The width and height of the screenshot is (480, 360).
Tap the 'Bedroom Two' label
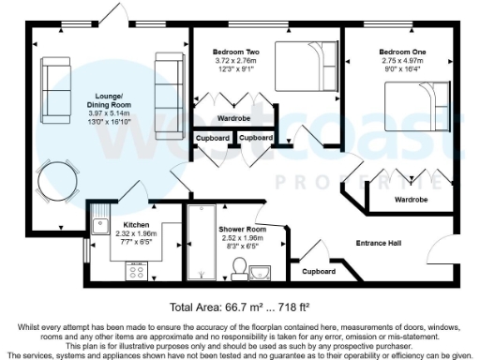click(x=235, y=51)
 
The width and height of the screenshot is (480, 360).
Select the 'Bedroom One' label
click(x=402, y=51)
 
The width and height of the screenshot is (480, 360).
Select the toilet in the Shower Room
click(x=240, y=267)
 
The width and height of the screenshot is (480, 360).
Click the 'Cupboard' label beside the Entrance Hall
click(x=318, y=271)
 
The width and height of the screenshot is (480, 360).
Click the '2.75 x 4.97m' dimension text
click(x=402, y=59)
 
